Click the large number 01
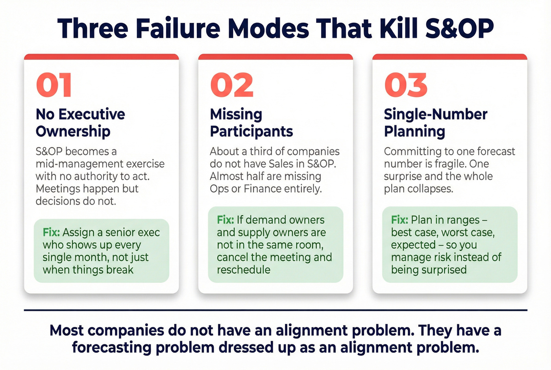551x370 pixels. [54, 85]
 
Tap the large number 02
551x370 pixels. [232, 85]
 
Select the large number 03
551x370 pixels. [406, 85]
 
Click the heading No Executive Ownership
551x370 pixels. [80, 123]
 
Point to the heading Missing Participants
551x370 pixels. [251, 123]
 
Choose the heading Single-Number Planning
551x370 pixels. [435, 123]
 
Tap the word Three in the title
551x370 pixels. [93, 28]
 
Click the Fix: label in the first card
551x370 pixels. [51, 232]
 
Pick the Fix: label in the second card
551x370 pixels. [225, 220]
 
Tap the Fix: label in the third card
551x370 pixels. [399, 220]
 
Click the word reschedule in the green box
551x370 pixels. [244, 270]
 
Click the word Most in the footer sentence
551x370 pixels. [67, 330]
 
